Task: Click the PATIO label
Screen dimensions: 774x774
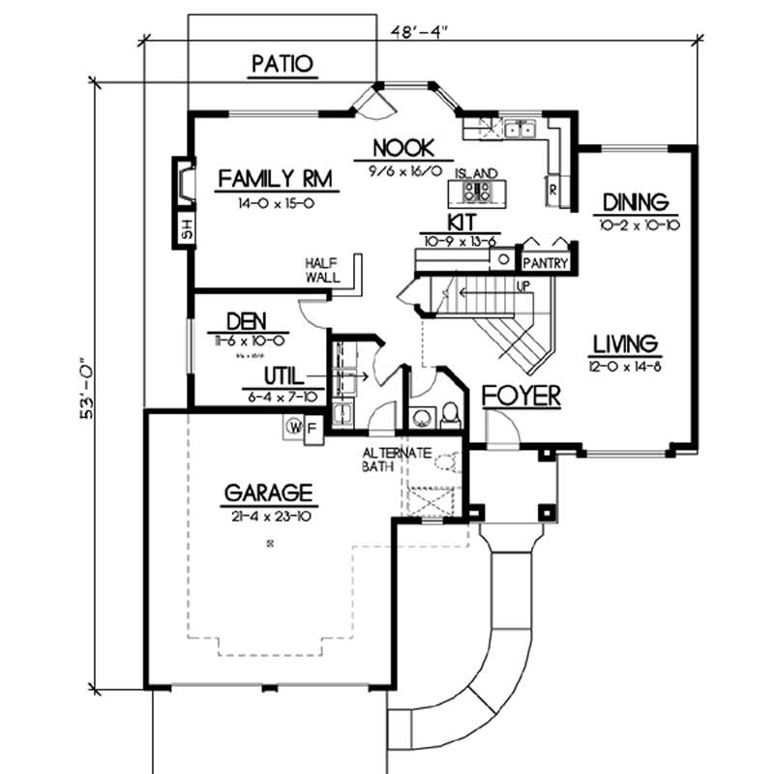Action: click(283, 65)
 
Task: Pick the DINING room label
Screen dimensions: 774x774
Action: click(635, 202)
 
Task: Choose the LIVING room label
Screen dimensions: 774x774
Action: click(626, 343)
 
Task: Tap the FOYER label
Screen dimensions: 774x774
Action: click(521, 396)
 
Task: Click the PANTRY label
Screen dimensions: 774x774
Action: click(544, 262)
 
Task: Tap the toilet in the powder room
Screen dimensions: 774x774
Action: click(450, 415)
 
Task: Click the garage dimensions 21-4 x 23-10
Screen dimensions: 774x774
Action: click(269, 516)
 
